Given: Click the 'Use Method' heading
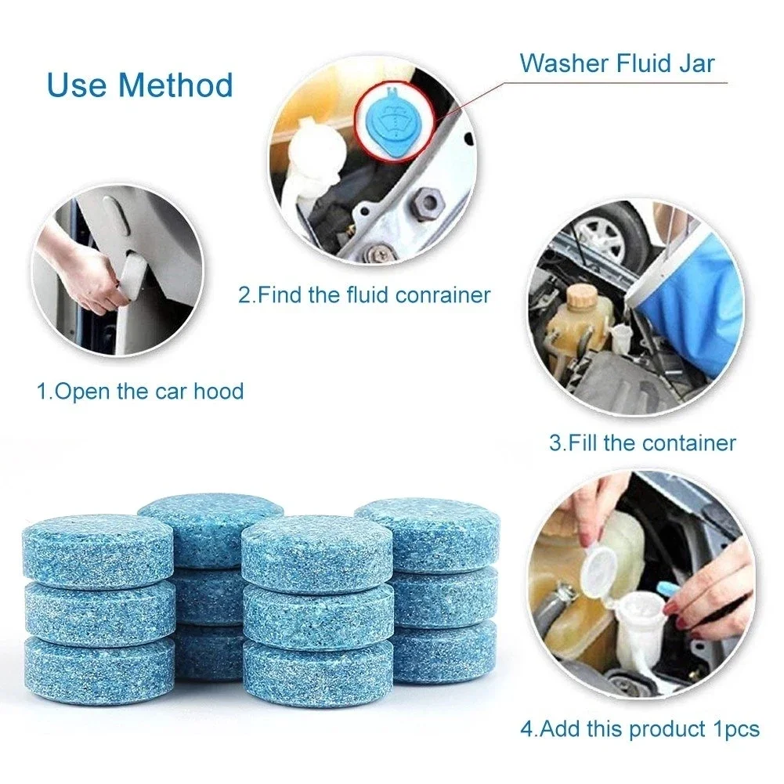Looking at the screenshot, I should (140, 85).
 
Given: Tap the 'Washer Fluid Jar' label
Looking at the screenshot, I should (617, 63).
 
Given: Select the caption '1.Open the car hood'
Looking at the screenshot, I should (141, 391).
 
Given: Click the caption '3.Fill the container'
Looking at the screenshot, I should (642, 443).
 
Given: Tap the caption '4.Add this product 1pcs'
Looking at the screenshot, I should (640, 729).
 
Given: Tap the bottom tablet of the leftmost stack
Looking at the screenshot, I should (98, 666).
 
